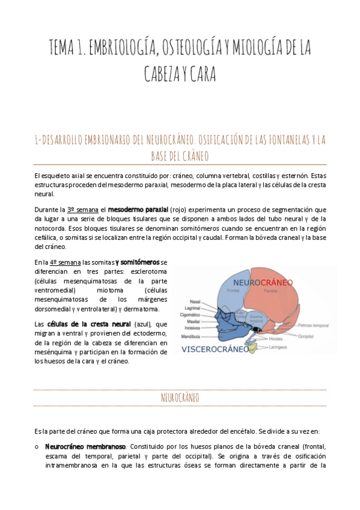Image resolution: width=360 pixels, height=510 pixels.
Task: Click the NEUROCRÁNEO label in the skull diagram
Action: click(x=263, y=282)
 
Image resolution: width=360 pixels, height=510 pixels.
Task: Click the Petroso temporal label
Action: click(x=313, y=325)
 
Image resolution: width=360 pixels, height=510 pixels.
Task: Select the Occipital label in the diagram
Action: click(x=306, y=336)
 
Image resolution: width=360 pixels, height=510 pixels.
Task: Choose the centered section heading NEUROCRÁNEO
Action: click(x=180, y=398)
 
